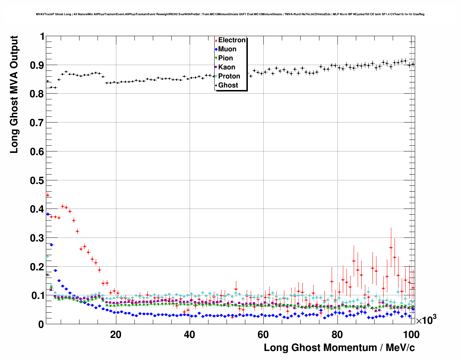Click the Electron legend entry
[232, 40]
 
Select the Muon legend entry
[227, 49]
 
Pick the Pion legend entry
[225, 58]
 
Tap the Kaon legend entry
[227, 67]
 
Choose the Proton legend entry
[229, 76]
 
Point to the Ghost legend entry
[228, 85]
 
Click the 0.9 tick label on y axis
[37, 65]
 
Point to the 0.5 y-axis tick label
[37, 180]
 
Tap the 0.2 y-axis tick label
[37, 267]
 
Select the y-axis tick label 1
[42, 37]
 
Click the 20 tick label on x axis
[116, 335]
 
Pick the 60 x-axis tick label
[263, 335]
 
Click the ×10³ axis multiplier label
[426, 320]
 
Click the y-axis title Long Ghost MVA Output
[14, 94]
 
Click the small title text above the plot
[230, 14]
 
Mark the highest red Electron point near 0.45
[48, 195]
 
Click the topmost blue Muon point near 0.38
[48, 214]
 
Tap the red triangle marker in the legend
[216, 40]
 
